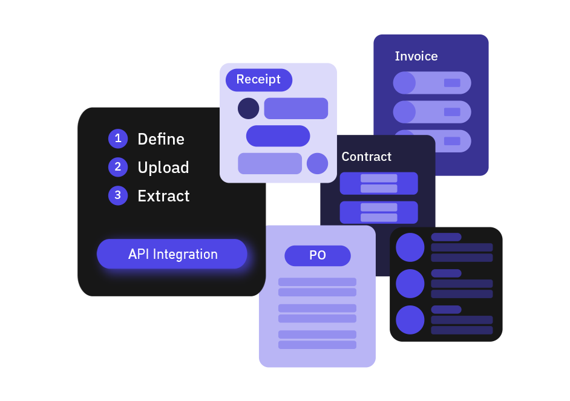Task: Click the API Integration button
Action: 172,254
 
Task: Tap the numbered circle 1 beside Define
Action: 118,139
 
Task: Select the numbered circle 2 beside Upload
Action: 118,167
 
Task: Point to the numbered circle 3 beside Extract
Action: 118,195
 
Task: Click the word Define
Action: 161,139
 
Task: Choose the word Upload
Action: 163,168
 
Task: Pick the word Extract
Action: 163,196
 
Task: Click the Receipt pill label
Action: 258,79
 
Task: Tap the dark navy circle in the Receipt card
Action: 248,108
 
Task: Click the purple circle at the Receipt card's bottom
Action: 317,163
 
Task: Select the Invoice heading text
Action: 416,56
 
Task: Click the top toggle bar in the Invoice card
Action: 432,83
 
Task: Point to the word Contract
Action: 366,157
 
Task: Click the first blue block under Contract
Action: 379,183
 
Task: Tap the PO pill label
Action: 318,255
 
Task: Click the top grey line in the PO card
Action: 317,282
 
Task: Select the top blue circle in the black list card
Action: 410,247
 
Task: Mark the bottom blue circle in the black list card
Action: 410,320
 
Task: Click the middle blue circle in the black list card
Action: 410,284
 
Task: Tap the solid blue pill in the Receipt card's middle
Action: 278,136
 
